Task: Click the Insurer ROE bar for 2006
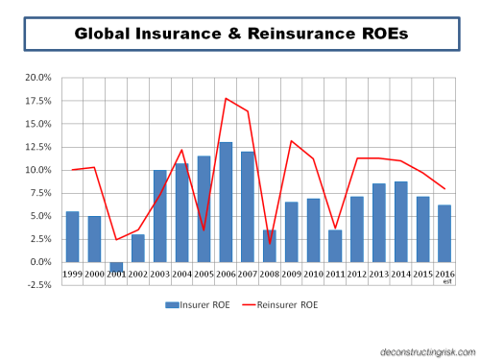(226, 202)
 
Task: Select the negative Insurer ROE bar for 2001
(116, 266)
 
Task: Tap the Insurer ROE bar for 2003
(160, 216)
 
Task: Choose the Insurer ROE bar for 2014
(401, 222)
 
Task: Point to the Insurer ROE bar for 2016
(444, 233)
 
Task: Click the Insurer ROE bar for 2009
(292, 231)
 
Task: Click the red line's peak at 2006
(226, 98)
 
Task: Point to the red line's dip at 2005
(204, 230)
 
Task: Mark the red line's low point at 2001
(116, 239)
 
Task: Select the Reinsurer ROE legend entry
(280, 305)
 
